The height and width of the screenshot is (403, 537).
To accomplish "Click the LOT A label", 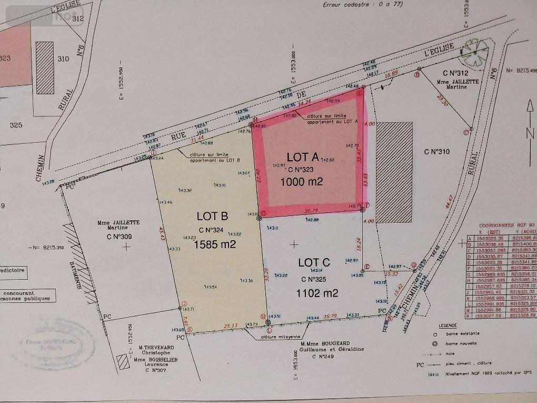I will [303, 157].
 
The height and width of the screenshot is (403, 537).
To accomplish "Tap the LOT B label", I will [212, 216].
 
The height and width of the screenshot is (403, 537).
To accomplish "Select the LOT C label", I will [314, 262].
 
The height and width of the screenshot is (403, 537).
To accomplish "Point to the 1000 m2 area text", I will [301, 182].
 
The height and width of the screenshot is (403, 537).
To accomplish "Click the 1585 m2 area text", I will [215, 244].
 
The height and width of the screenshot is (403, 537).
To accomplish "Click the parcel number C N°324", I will [212, 230].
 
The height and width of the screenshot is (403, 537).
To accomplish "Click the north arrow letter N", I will [530, 134].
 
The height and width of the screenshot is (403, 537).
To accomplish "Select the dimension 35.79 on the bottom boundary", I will [330, 317].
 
